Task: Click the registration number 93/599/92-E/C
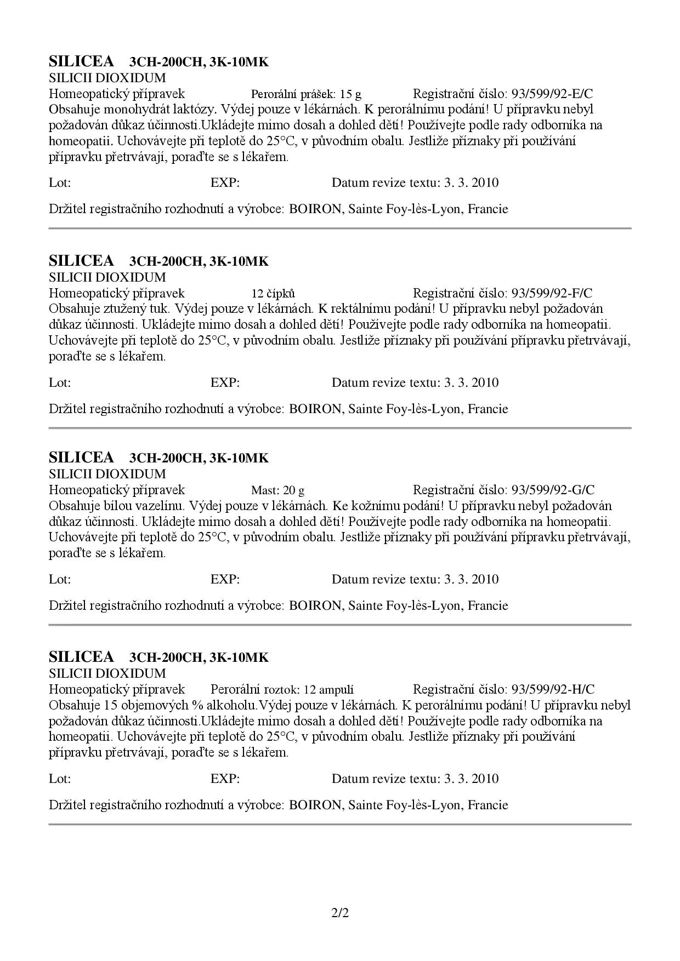[x=552, y=94]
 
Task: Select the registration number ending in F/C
[x=552, y=293]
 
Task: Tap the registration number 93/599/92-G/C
[x=553, y=490]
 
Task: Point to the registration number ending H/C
[x=553, y=689]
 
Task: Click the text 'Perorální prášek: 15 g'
[x=306, y=94]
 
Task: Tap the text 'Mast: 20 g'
[x=277, y=490]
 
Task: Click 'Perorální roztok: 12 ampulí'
[x=282, y=689]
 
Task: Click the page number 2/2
[x=340, y=913]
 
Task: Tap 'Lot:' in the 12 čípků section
[x=60, y=382]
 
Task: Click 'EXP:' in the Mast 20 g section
[x=225, y=579]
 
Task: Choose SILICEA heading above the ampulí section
[x=81, y=657]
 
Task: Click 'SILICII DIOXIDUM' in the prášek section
[x=107, y=78]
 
